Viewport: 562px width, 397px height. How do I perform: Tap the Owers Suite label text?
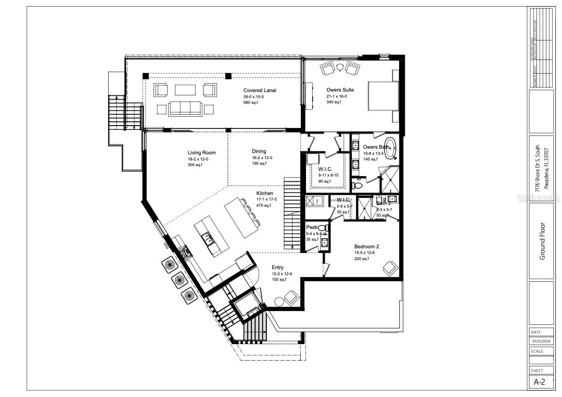(x=340, y=90)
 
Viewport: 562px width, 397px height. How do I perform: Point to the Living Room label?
(x=201, y=152)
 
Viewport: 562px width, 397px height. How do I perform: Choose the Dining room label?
(x=259, y=152)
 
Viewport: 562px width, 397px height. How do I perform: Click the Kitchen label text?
(x=264, y=194)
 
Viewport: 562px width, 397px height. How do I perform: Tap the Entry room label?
(x=277, y=268)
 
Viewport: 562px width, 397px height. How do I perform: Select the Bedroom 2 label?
(x=367, y=246)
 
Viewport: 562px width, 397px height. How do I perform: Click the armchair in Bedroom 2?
(x=390, y=268)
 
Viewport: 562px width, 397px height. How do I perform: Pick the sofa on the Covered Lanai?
(x=186, y=109)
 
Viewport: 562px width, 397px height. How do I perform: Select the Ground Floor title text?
(x=542, y=241)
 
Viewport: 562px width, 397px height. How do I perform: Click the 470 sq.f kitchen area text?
(x=264, y=205)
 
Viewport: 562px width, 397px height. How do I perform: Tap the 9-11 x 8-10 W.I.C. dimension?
(x=328, y=175)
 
